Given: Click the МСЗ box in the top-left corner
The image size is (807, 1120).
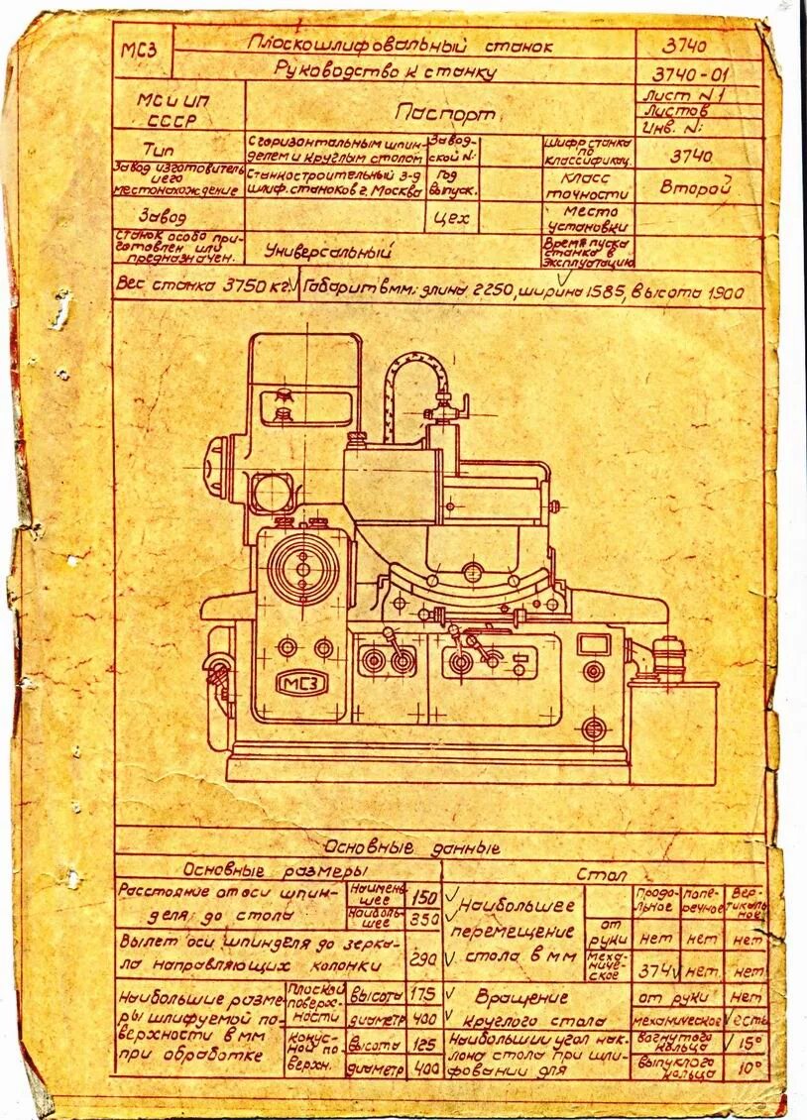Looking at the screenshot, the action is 140,53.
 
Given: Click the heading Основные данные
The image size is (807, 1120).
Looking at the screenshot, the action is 411,848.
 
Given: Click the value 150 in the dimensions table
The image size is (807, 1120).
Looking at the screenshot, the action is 425,897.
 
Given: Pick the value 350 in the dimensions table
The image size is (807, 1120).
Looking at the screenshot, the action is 425,920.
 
